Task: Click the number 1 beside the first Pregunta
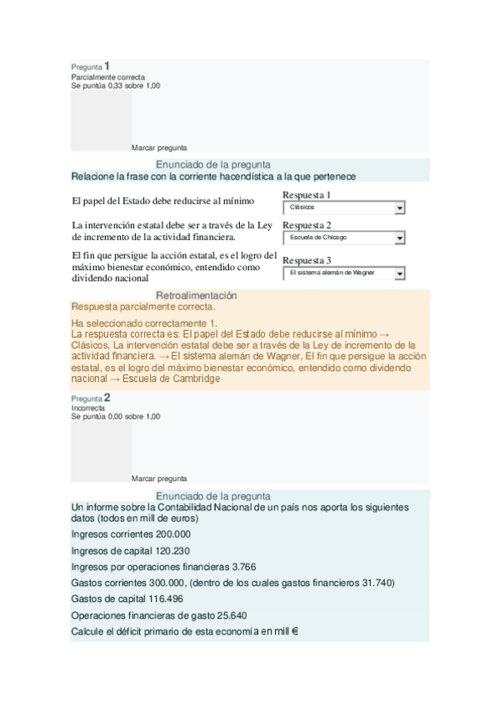click(107, 65)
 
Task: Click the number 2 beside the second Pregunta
click(107, 398)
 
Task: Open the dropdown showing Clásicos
click(343, 208)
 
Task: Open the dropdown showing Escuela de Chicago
click(343, 238)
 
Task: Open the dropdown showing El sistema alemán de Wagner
click(343, 273)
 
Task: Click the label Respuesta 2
click(307, 225)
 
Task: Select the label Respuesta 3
click(307, 260)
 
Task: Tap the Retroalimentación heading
click(197, 296)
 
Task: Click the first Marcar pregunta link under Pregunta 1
click(159, 148)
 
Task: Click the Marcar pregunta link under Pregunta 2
click(159, 479)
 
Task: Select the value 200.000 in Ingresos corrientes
click(173, 534)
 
